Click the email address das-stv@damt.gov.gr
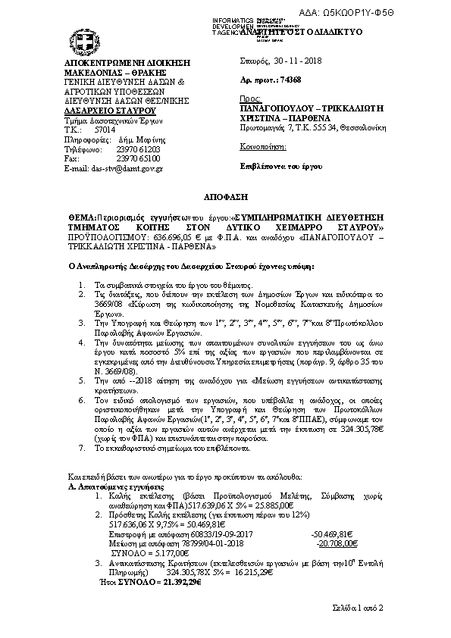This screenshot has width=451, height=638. coord(129,168)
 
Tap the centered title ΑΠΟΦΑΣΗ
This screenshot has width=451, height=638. coord(225,195)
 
